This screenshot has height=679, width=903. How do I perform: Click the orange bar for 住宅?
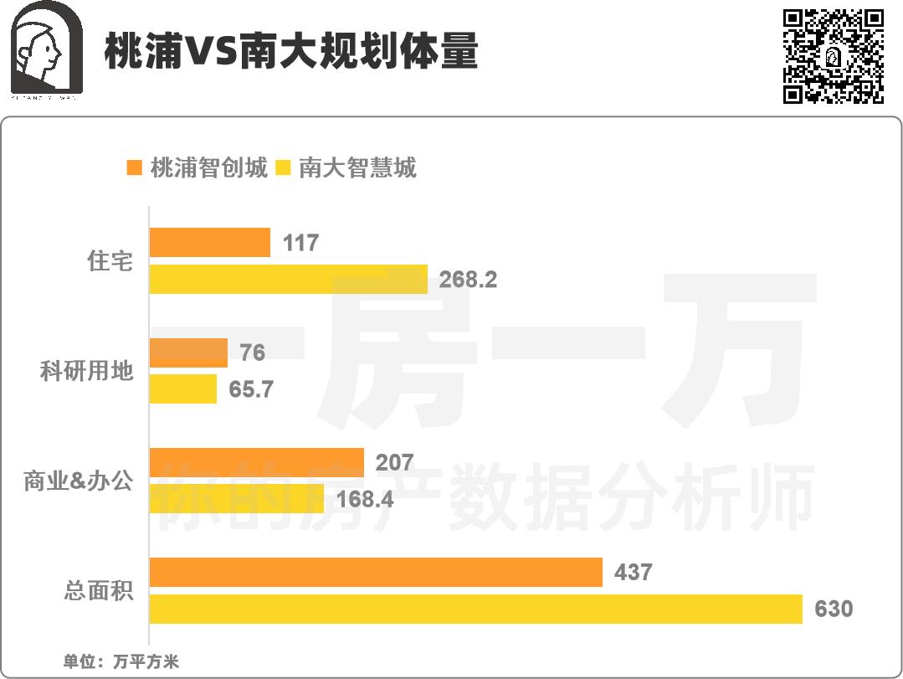[209, 243]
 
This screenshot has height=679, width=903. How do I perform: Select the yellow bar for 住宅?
[288, 279]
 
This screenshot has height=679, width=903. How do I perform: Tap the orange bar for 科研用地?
[188, 352]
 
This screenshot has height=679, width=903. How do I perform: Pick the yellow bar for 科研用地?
[182, 389]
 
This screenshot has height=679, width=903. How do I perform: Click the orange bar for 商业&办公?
[256, 463]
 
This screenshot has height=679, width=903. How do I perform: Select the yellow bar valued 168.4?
[236, 499]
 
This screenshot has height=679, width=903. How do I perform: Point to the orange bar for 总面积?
[376, 573]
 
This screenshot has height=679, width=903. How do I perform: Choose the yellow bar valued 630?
[475, 609]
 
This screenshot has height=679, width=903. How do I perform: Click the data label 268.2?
[468, 280]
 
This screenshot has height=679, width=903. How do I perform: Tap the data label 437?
[633, 573]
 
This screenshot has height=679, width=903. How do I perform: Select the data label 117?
[300, 243]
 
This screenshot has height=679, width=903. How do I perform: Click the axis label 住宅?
[110, 261]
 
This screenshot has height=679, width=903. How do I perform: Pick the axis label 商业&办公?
[79, 481]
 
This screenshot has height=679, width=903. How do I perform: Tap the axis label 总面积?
[99, 591]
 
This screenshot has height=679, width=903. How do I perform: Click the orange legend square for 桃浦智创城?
[134, 168]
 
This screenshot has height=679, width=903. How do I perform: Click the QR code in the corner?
[833, 56]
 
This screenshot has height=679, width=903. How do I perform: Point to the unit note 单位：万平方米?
[121, 661]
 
